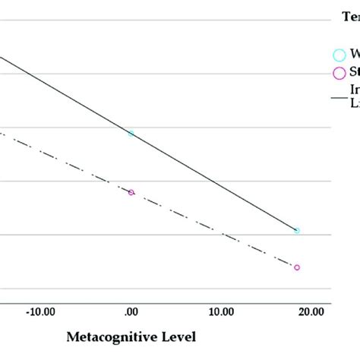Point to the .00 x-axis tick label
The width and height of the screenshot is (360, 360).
click(130, 311)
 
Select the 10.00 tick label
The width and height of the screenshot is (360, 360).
click(220, 311)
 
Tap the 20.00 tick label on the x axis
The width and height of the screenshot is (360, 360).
click(310, 311)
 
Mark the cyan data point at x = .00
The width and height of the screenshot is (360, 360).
click(131, 133)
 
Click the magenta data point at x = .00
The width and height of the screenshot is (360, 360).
click(131, 192)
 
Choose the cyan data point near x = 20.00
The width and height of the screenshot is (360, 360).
click(297, 230)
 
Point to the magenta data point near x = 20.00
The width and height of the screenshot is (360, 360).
click(297, 267)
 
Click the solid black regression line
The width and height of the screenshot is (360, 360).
click(213, 180)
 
